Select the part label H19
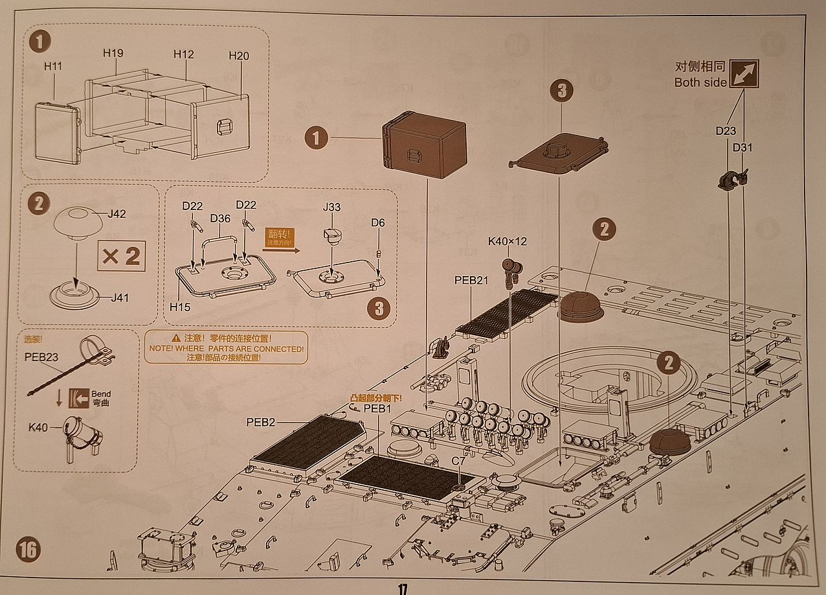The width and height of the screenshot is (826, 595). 113,52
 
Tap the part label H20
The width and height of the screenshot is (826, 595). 239,56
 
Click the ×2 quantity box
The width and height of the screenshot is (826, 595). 120,256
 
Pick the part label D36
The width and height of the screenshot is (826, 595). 220,218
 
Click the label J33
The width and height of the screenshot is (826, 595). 332,207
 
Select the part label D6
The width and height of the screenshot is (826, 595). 378,223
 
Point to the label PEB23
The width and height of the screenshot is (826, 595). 41,356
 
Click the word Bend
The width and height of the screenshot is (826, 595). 101,393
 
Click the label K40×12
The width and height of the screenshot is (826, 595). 508,241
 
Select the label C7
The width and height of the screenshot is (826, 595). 458,460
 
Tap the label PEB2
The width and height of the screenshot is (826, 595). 261,422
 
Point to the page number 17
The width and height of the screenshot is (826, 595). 402,589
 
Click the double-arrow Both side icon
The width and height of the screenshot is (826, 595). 744,74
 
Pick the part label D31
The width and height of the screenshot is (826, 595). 742,148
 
